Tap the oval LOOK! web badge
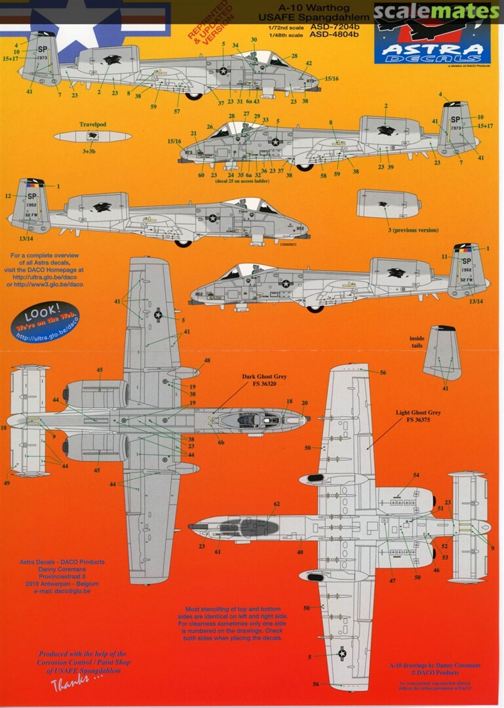pos(47,321)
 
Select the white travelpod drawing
pos(92,137)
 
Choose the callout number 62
pos(277,504)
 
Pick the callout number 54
pos(416,475)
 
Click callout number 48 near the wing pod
pos(207,361)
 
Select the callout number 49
pos(7,483)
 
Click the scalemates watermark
pos(437,11)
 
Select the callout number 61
pos(218,552)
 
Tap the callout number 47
pos(393,581)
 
